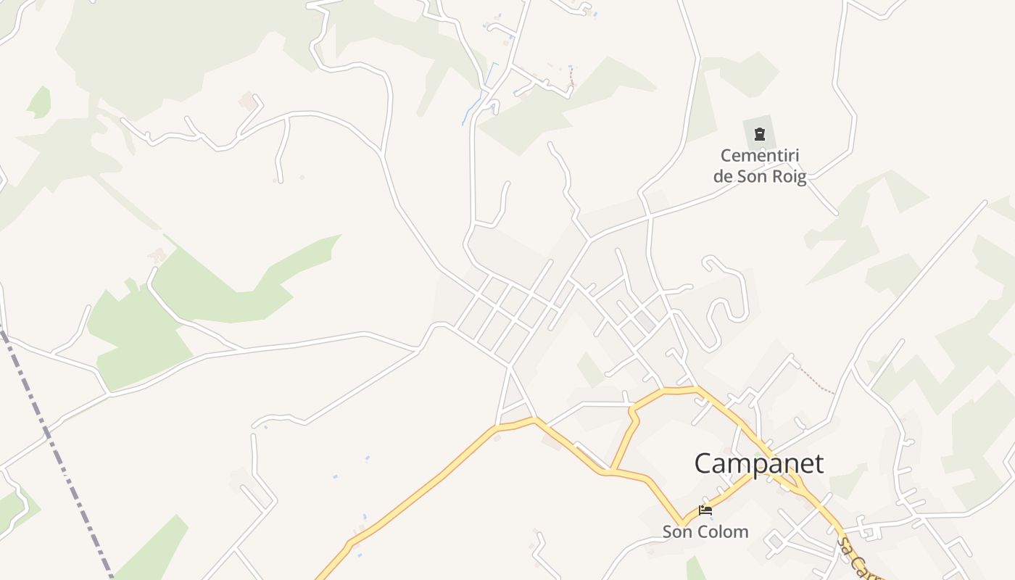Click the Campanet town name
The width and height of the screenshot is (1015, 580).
pyautogui.click(x=759, y=464)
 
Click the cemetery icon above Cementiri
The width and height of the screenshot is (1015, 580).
pyautogui.click(x=759, y=134)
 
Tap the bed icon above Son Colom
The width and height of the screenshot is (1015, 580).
pyautogui.click(x=705, y=510)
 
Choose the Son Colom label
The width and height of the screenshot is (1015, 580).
pyautogui.click(x=705, y=531)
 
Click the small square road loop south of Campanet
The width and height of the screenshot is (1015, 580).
pyautogui.click(x=776, y=541)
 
